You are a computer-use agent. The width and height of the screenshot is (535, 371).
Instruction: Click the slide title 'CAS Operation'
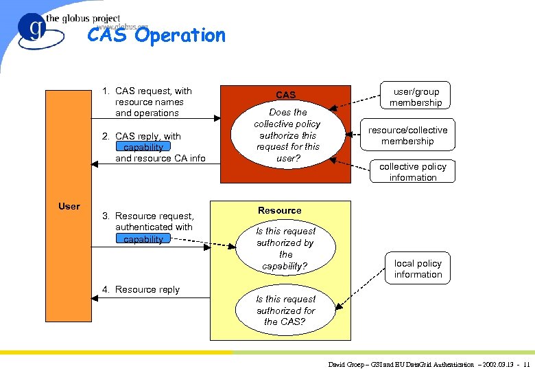tap(156, 35)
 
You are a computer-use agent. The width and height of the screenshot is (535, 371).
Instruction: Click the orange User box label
tap(69, 206)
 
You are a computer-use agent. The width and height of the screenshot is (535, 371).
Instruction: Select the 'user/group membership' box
tap(416, 97)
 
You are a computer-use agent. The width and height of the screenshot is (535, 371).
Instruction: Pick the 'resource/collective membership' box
tap(407, 135)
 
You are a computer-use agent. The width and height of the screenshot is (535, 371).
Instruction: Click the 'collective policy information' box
tap(413, 172)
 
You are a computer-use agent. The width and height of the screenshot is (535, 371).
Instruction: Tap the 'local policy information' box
tap(418, 269)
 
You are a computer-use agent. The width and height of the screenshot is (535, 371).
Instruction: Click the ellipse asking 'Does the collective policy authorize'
tap(287, 135)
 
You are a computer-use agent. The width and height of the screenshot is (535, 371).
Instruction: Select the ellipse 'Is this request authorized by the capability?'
tap(286, 249)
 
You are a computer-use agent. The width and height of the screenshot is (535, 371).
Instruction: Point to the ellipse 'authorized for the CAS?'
tap(286, 311)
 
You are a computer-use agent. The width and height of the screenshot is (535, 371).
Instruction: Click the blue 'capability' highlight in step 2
tap(143, 147)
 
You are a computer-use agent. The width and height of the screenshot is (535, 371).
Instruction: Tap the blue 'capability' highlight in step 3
tap(143, 239)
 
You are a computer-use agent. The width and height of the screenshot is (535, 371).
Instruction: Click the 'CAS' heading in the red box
tap(286, 95)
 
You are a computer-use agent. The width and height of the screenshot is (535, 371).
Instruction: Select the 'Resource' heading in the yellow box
tap(279, 210)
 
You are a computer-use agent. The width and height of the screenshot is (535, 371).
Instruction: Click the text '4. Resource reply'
tap(141, 289)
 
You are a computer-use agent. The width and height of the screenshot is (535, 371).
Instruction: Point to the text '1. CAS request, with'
tap(147, 91)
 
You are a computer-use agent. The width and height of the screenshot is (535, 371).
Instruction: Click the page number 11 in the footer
tap(525, 364)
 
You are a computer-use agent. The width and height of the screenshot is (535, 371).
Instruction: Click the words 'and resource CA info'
tap(160, 158)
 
